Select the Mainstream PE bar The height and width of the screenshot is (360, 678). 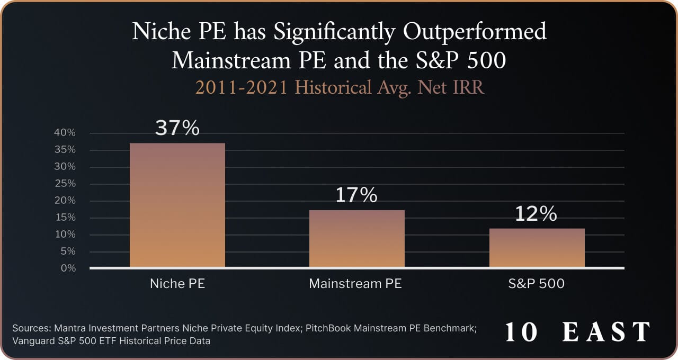click(x=356, y=238)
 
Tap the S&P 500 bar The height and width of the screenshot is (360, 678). click(x=537, y=247)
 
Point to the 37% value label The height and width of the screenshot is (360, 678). click(x=177, y=128)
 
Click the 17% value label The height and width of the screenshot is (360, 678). click(x=356, y=195)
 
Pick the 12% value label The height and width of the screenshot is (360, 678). click(x=537, y=214)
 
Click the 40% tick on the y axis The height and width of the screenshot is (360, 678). click(x=65, y=133)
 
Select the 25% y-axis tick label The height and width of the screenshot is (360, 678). click(x=65, y=184)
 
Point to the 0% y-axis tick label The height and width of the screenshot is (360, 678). click(x=68, y=268)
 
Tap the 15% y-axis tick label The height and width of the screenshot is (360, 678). click(x=65, y=218)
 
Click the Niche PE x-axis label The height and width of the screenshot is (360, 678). click(x=177, y=284)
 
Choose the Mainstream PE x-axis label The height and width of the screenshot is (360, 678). click(x=355, y=284)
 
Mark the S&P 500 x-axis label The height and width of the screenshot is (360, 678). click(x=537, y=284)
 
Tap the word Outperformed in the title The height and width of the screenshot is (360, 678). click(x=475, y=32)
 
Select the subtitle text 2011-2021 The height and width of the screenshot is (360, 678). click(x=242, y=87)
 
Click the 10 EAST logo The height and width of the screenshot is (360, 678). click(x=577, y=332)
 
